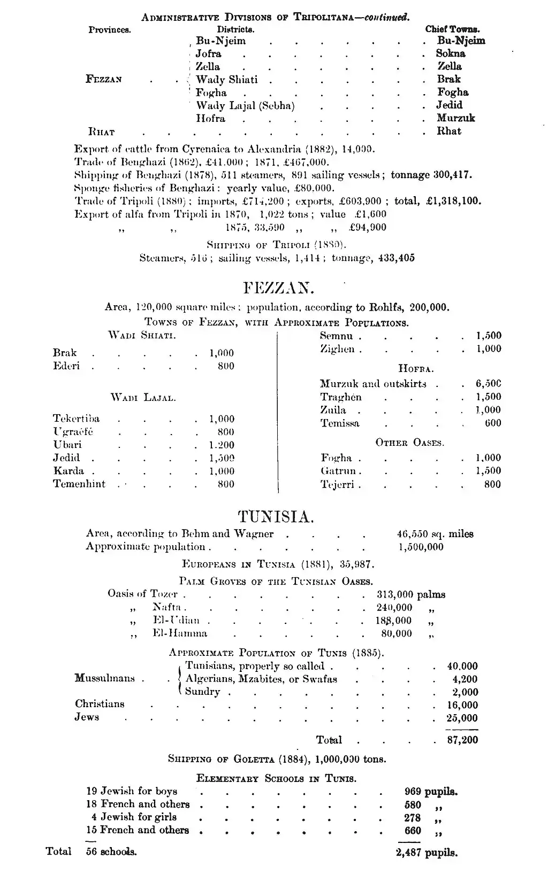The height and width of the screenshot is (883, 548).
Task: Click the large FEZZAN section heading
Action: tap(278, 289)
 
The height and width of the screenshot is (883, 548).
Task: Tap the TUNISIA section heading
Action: tap(276, 517)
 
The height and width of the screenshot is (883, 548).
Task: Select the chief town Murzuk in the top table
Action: tap(455, 118)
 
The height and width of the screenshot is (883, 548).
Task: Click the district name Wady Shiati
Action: tap(226, 80)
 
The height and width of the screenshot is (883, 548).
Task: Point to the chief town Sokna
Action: tap(451, 53)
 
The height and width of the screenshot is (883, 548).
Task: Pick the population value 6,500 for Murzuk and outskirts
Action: tap(488, 384)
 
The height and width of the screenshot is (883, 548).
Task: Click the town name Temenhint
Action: tap(79, 484)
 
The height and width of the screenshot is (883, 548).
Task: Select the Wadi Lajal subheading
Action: tap(143, 398)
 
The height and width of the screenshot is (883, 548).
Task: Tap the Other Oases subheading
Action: tap(409, 443)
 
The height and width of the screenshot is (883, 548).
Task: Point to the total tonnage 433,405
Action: tap(396, 258)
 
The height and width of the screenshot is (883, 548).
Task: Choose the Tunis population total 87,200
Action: tap(462, 740)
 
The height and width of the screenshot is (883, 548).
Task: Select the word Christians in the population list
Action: tap(100, 704)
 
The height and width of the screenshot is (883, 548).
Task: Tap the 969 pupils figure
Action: tap(430, 792)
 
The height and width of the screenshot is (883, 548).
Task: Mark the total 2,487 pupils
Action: tap(427, 853)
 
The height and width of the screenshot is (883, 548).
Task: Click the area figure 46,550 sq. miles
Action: tap(435, 533)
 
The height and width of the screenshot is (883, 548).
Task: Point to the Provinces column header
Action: tap(110, 30)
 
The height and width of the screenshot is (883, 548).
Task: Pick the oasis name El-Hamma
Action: tap(180, 633)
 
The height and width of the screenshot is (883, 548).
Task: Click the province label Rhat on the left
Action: tap(101, 131)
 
